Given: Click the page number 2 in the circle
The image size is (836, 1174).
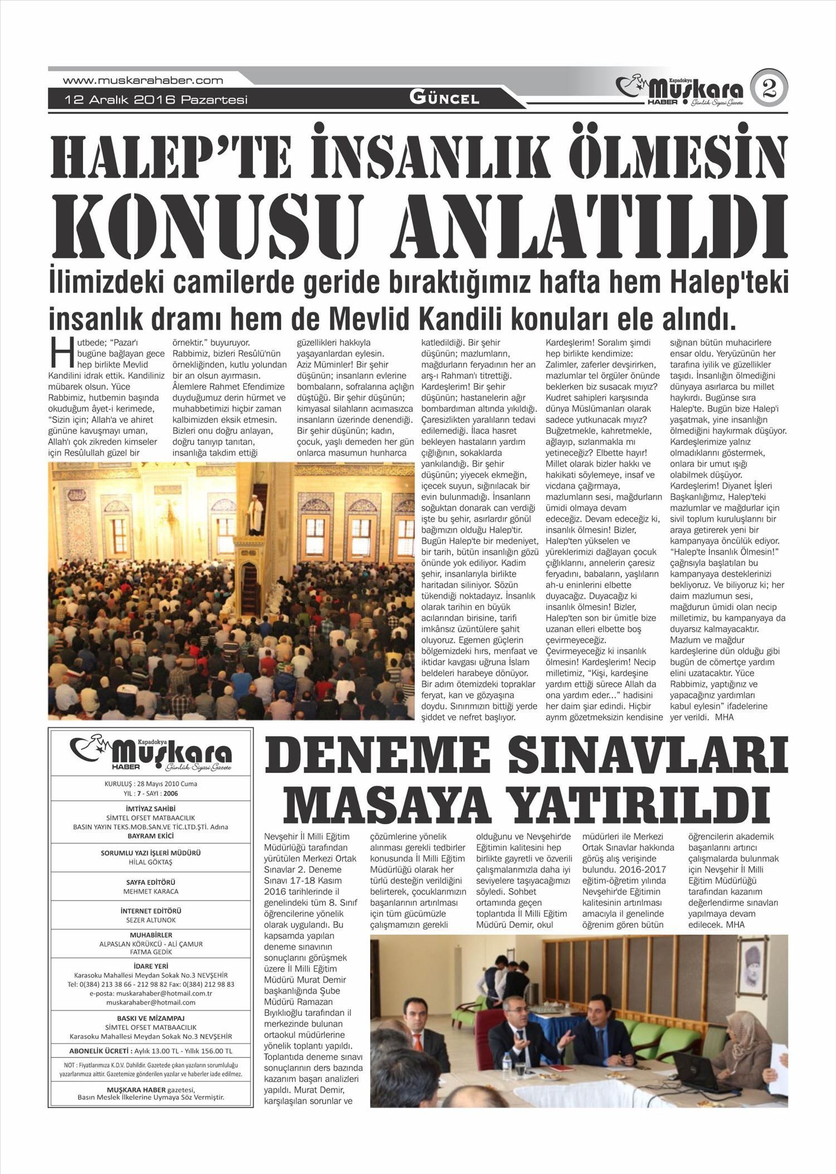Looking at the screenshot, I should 769,89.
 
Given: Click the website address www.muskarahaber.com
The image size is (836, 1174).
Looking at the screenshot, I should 143,80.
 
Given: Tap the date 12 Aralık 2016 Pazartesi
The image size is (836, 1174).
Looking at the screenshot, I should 157,100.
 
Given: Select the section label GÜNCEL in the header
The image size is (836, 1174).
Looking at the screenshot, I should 444,99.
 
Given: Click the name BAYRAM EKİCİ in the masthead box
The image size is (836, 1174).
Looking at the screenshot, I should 150,837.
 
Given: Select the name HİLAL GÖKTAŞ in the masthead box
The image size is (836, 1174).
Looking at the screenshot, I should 150,863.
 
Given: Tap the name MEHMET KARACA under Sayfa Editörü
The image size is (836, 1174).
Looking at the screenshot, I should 150,892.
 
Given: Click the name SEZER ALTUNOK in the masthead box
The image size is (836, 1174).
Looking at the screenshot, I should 150,920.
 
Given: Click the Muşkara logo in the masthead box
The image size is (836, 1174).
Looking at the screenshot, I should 150,754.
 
